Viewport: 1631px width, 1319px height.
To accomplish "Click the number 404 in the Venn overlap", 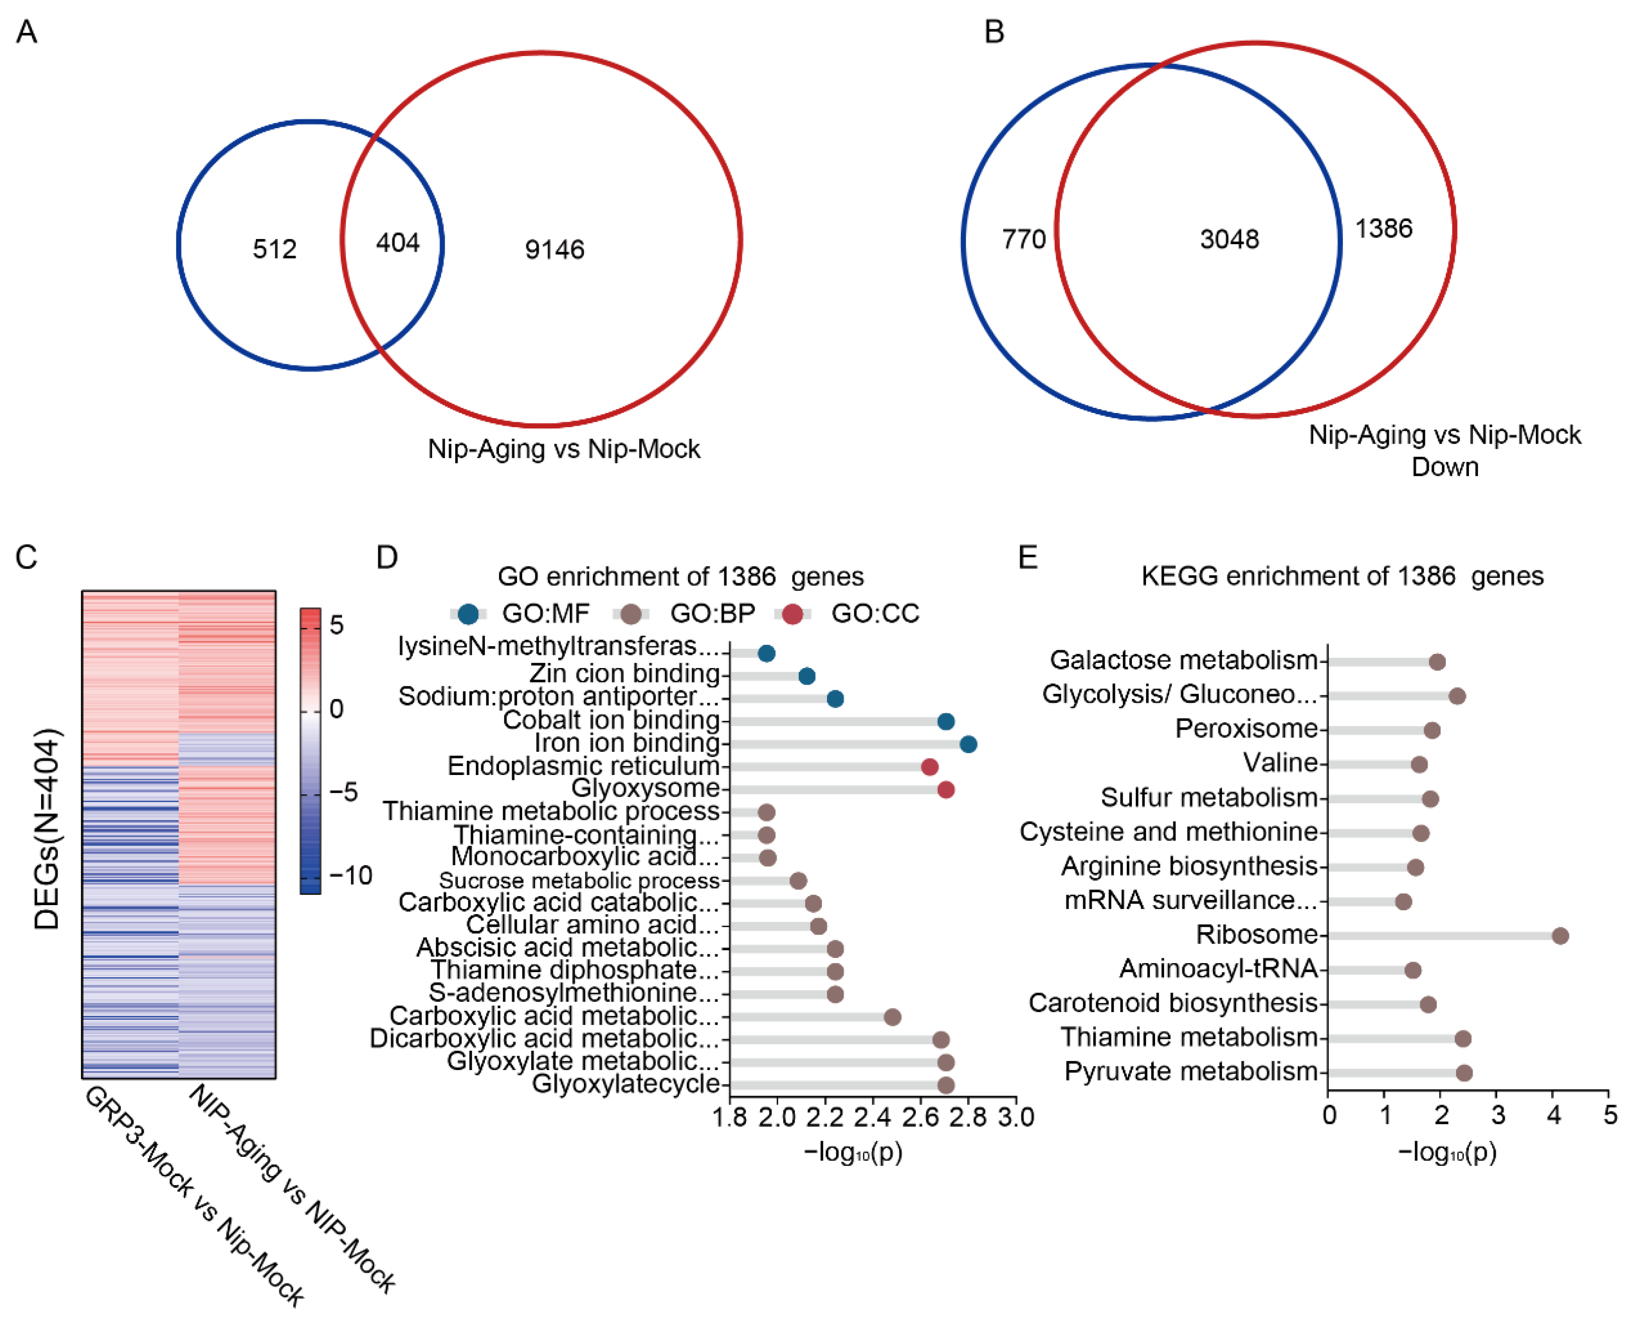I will point(397,243).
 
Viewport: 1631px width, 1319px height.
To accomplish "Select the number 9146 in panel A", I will point(555,250).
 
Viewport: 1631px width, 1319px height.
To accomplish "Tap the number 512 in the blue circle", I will point(274,249).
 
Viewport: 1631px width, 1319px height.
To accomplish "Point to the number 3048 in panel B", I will point(1229,239).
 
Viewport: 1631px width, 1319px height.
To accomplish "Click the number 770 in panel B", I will point(1023,239).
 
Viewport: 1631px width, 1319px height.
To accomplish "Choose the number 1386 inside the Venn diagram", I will point(1383,229).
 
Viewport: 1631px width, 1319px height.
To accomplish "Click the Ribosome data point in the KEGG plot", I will point(1559,935).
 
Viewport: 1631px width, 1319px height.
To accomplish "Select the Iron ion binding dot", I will point(968,744).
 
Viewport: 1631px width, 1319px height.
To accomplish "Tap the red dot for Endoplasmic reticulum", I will point(929,767).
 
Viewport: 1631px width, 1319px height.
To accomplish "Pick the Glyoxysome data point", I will point(946,790).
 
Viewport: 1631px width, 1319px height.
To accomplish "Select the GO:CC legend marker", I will point(792,614).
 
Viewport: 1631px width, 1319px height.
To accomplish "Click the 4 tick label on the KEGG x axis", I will point(1554,1115).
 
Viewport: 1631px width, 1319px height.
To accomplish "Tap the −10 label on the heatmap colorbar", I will point(350,875).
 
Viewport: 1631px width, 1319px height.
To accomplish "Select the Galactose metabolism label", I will point(1183,659).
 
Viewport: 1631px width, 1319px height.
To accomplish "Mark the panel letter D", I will point(387,558).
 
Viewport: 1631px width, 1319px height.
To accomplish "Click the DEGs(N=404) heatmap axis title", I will point(47,829).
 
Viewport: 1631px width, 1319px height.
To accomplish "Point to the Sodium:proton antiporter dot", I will point(835,698).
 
